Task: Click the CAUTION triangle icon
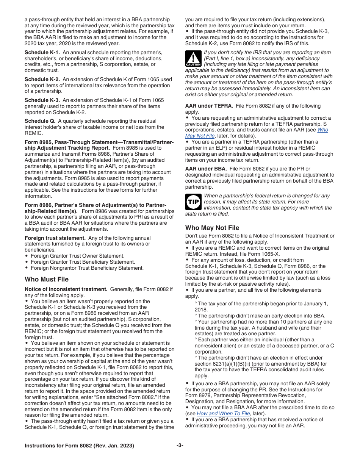tap(193, 59)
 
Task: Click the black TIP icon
tap(193, 202)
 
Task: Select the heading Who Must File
tap(47, 280)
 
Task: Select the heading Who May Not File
tap(212, 228)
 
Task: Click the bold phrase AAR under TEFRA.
tap(209, 106)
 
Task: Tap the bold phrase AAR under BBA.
tap(205, 169)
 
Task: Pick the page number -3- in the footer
tap(180, 446)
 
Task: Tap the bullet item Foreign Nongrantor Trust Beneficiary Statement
tap(87, 268)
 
